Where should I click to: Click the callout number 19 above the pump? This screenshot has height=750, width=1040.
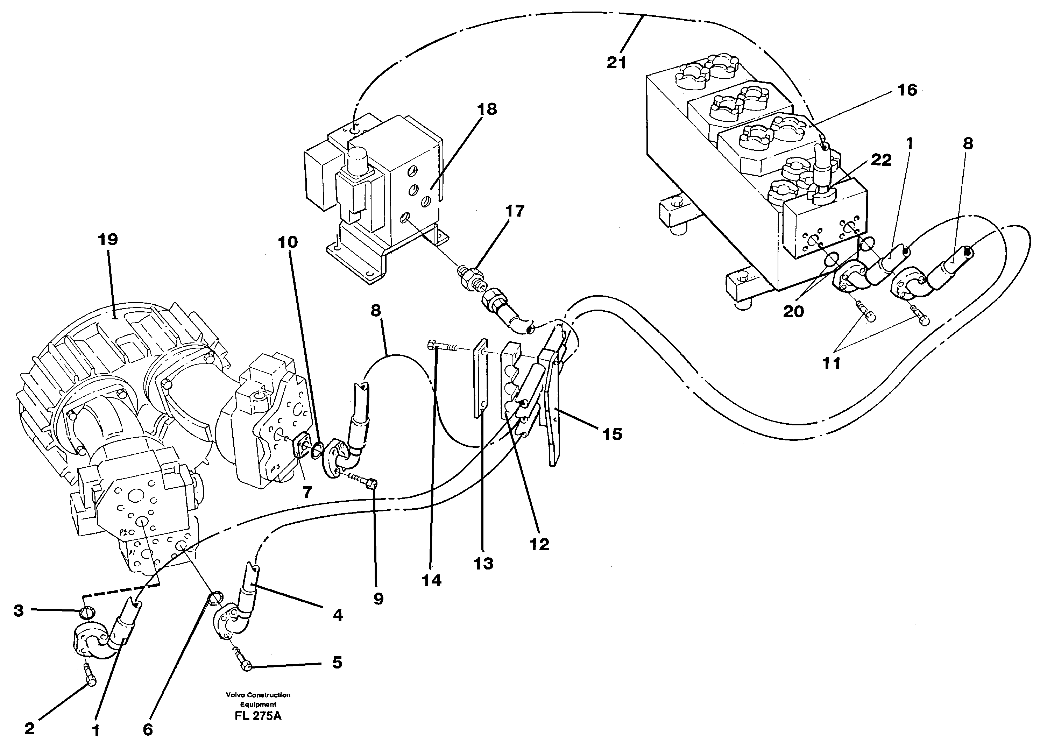click(107, 239)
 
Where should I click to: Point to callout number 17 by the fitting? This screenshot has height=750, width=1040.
click(515, 211)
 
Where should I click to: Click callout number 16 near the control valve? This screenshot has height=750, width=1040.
click(907, 90)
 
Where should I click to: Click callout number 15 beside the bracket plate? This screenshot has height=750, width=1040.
click(613, 434)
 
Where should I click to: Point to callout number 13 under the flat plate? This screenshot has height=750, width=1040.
click(483, 564)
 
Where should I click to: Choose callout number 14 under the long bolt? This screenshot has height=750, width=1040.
click(432, 581)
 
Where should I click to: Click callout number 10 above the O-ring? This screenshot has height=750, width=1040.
click(288, 242)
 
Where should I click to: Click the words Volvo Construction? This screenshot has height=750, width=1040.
click(258, 695)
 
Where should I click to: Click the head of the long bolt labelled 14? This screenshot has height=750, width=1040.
click(432, 344)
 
